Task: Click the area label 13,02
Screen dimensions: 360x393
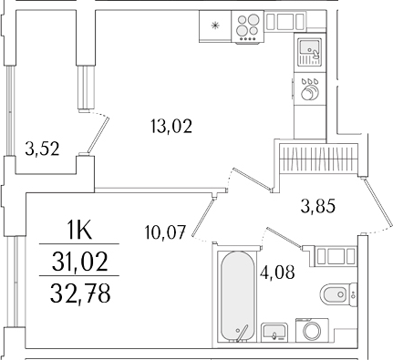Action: (171, 127)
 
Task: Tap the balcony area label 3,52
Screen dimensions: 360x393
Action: (42, 149)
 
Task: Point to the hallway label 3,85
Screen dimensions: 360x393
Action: (318, 205)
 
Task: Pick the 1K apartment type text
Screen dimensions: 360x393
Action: (85, 230)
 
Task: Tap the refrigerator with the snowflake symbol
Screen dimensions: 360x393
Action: (214, 26)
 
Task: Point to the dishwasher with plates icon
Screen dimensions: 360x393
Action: (309, 88)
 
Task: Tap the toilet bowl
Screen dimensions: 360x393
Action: (335, 293)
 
